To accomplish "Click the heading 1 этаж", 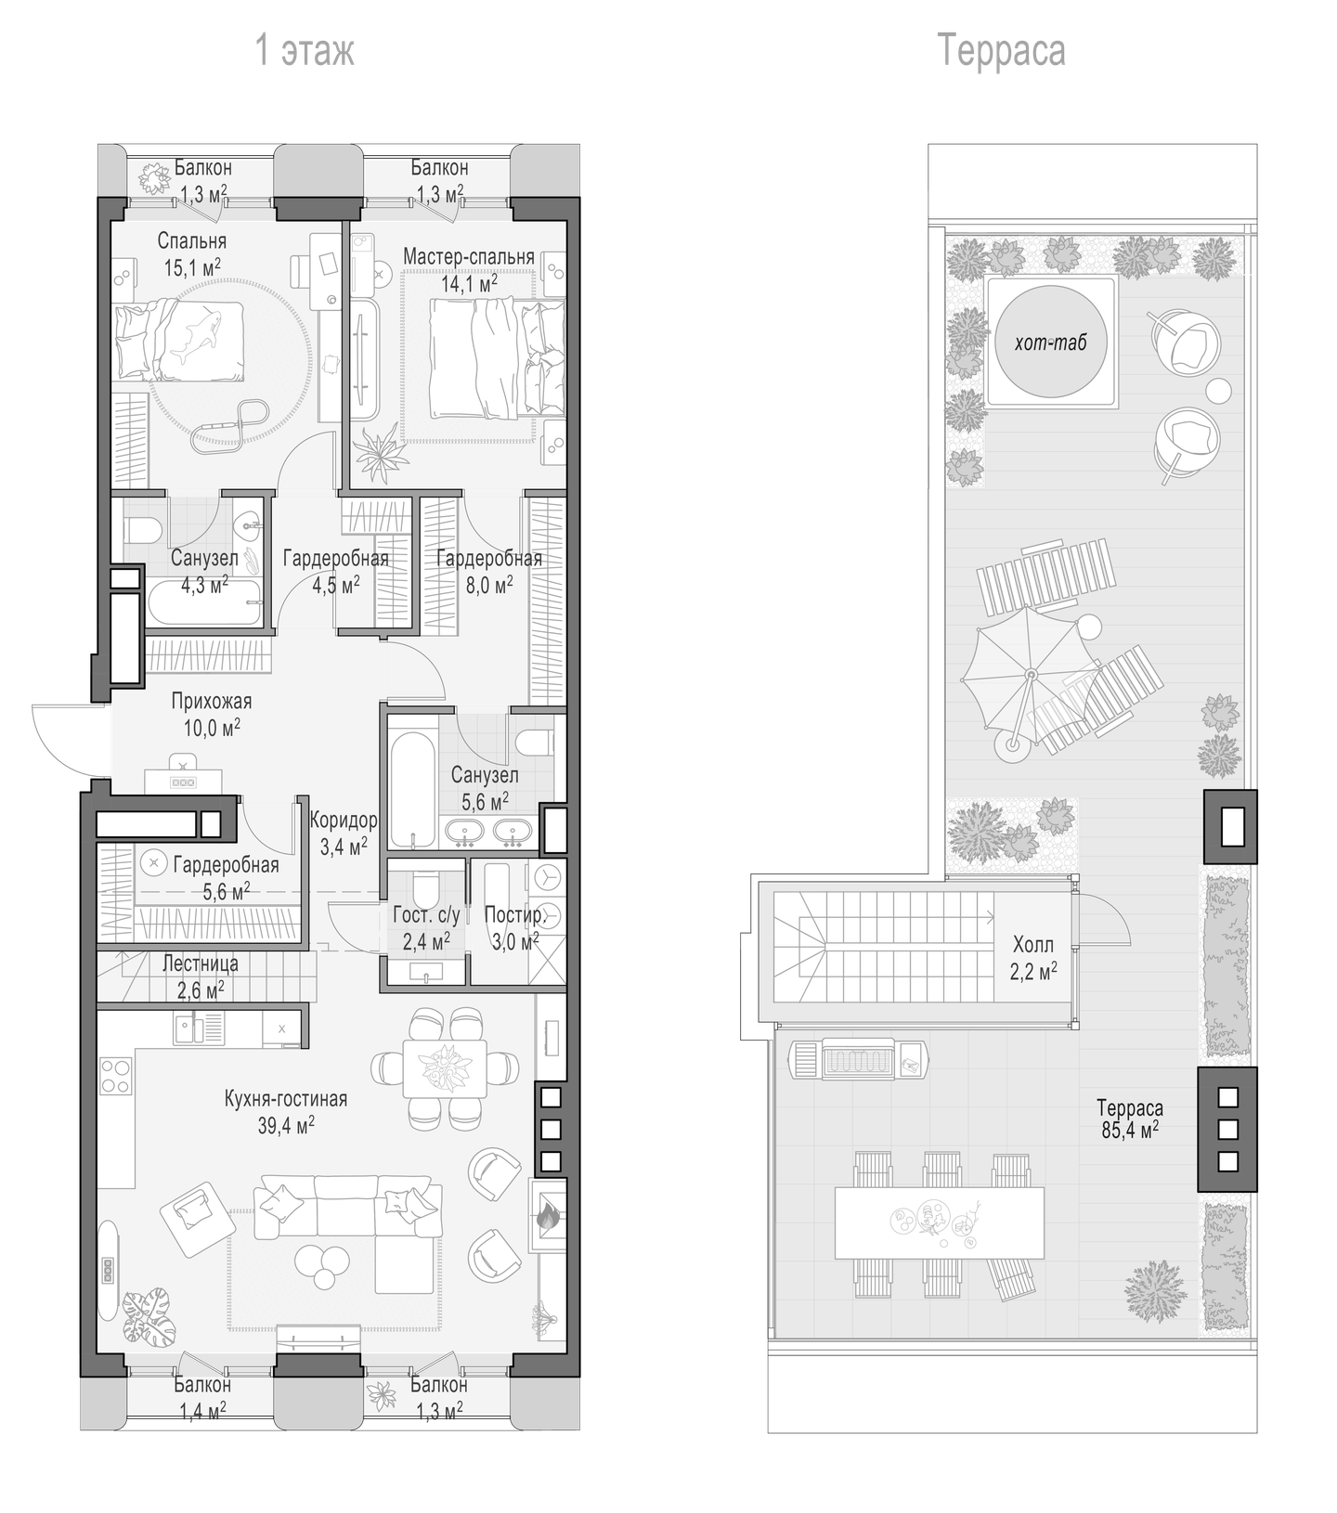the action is [305, 51].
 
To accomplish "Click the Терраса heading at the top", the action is [1001, 50].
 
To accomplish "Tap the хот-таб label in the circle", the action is [1050, 343].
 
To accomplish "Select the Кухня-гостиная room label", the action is [286, 1099].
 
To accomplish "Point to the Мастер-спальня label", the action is [469, 256].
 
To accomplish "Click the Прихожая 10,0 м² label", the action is [212, 714].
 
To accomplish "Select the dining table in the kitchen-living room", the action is [446, 1067].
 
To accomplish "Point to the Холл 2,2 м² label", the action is [1033, 958].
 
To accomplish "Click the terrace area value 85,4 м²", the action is [1129, 1132].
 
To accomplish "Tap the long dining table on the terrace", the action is [939, 1222].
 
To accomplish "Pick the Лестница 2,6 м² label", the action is [200, 976].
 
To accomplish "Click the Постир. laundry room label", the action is [513, 915].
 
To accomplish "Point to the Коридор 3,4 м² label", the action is [344, 832].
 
